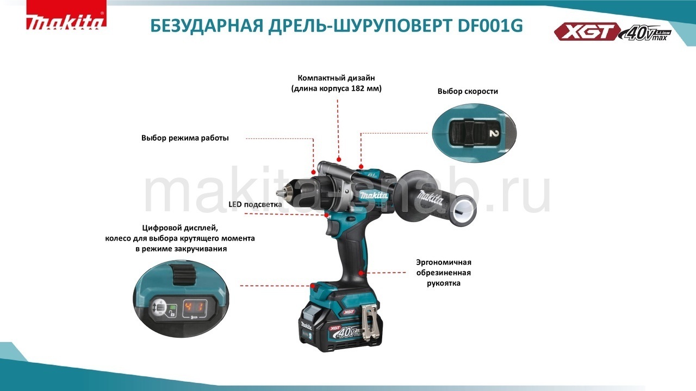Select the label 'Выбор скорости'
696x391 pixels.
point(468,91)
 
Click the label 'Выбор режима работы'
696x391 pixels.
point(185,138)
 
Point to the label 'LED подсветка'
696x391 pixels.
point(255,205)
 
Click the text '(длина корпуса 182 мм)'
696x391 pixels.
point(337,88)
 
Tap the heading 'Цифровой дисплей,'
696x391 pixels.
point(180,228)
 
